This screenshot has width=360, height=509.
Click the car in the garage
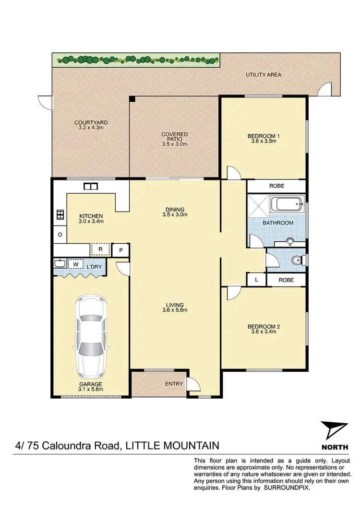coord(91,337)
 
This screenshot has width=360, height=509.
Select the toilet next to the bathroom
coord(297,261)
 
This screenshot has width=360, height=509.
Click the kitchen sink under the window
coord(90,187)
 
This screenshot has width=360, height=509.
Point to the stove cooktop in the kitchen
coord(60,214)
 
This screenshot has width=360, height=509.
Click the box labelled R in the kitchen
coord(101,249)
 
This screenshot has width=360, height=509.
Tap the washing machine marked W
coord(75,264)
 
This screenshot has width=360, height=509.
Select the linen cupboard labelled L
coord(257,279)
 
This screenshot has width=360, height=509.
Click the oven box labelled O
coord(60,235)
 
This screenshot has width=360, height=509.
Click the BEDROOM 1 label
coord(264,136)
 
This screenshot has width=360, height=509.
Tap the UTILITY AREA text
coord(263,75)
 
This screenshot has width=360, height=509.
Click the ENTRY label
coord(173,384)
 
